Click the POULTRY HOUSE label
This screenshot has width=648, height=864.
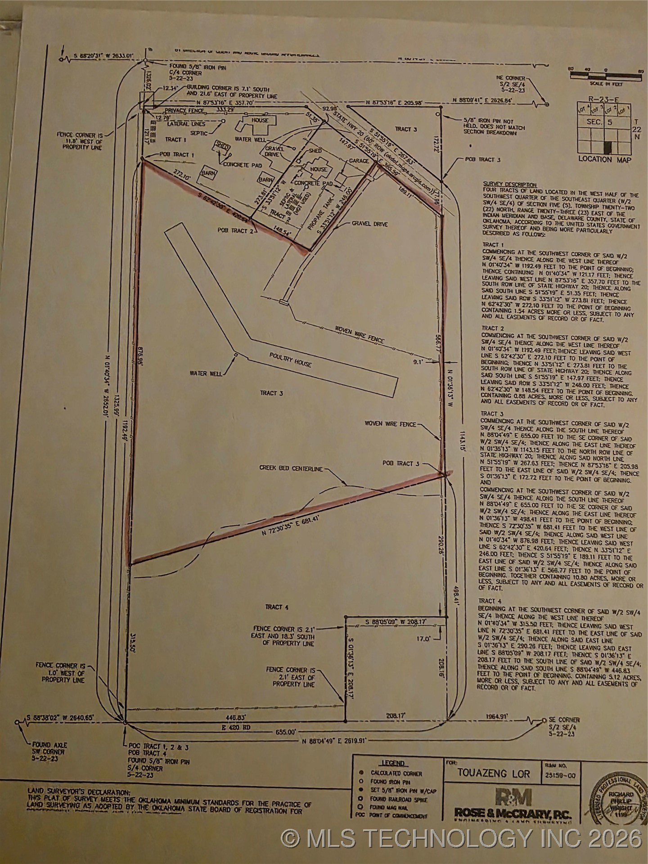click(x=290, y=360)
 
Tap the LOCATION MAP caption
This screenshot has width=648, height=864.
click(x=604, y=160)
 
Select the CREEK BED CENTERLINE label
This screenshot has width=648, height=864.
click(x=291, y=468)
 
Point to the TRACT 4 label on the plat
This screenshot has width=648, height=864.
click(x=277, y=607)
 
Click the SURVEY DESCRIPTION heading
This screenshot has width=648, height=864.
click(x=510, y=184)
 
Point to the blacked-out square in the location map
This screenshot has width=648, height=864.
click(x=607, y=147)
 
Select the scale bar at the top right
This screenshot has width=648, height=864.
click(x=605, y=77)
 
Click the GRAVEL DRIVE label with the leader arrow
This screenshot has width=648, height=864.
click(x=370, y=224)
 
